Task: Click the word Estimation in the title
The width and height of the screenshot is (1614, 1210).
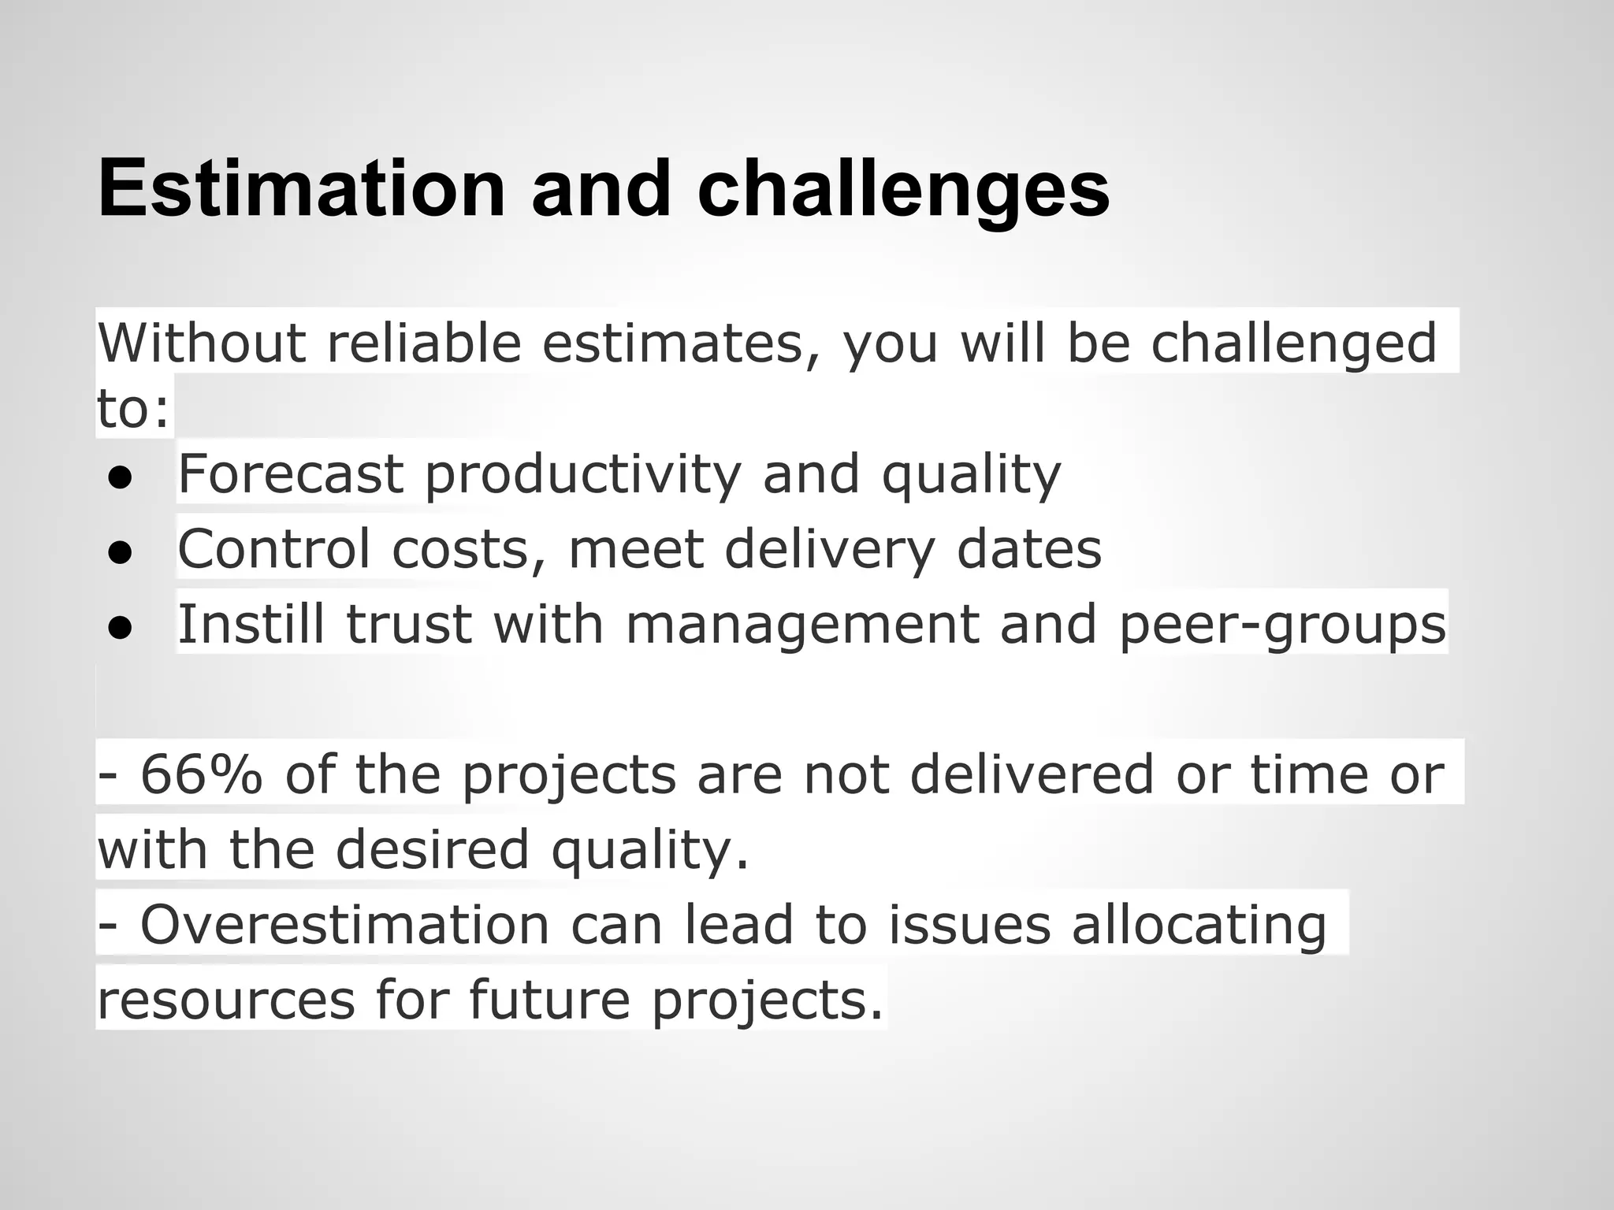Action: pyautogui.click(x=301, y=189)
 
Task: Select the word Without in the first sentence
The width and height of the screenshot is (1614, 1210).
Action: pyautogui.click(x=201, y=343)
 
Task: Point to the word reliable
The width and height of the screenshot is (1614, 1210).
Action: pyautogui.click(x=424, y=343)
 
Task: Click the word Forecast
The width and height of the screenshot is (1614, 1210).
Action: pyautogui.click(x=290, y=474)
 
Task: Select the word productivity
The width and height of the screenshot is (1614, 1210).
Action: pyautogui.click(x=583, y=474)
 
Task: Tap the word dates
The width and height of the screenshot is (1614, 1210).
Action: pyautogui.click(x=1028, y=549)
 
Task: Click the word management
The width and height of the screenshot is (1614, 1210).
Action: pyautogui.click(x=801, y=624)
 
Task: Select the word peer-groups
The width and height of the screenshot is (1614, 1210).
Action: pyautogui.click(x=1281, y=624)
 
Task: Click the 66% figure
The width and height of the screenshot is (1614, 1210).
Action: pyautogui.click(x=201, y=774)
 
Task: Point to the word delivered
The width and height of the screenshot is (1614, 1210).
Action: pyautogui.click(x=1032, y=774)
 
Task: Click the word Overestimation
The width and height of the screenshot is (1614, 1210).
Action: pyautogui.click(x=344, y=925)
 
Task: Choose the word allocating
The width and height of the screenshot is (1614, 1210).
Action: pyautogui.click(x=1199, y=925)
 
